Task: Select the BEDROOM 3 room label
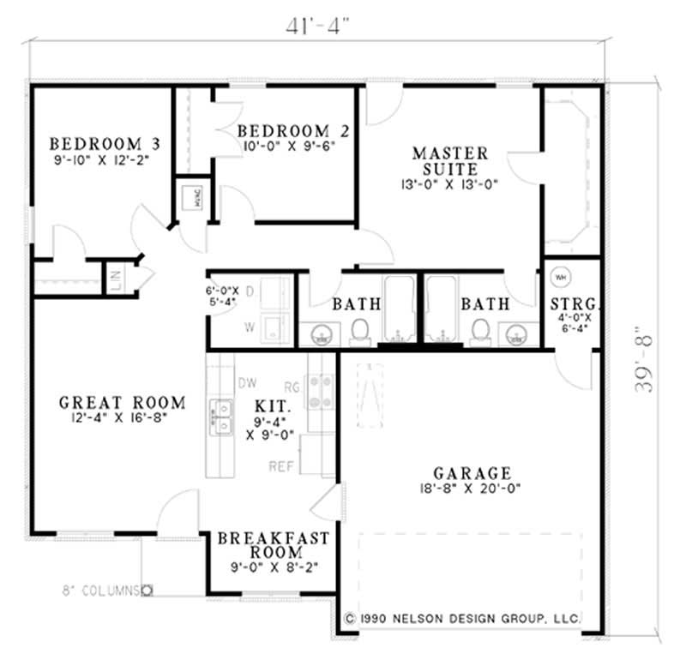pyautogui.click(x=106, y=143)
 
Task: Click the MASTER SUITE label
pyautogui.click(x=449, y=160)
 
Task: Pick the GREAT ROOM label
pyautogui.click(x=123, y=402)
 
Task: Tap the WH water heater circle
pyautogui.click(x=562, y=277)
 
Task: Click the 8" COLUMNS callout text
pyautogui.click(x=100, y=590)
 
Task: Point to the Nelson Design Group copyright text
pyautogui.click(x=463, y=618)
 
